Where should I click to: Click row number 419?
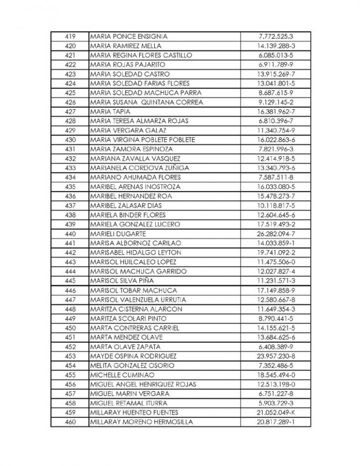coord(69,37)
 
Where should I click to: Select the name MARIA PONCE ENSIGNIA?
coord(128,37)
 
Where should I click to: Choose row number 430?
coord(69,140)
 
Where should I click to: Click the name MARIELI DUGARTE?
coord(118,234)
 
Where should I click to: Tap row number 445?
coord(69,281)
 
